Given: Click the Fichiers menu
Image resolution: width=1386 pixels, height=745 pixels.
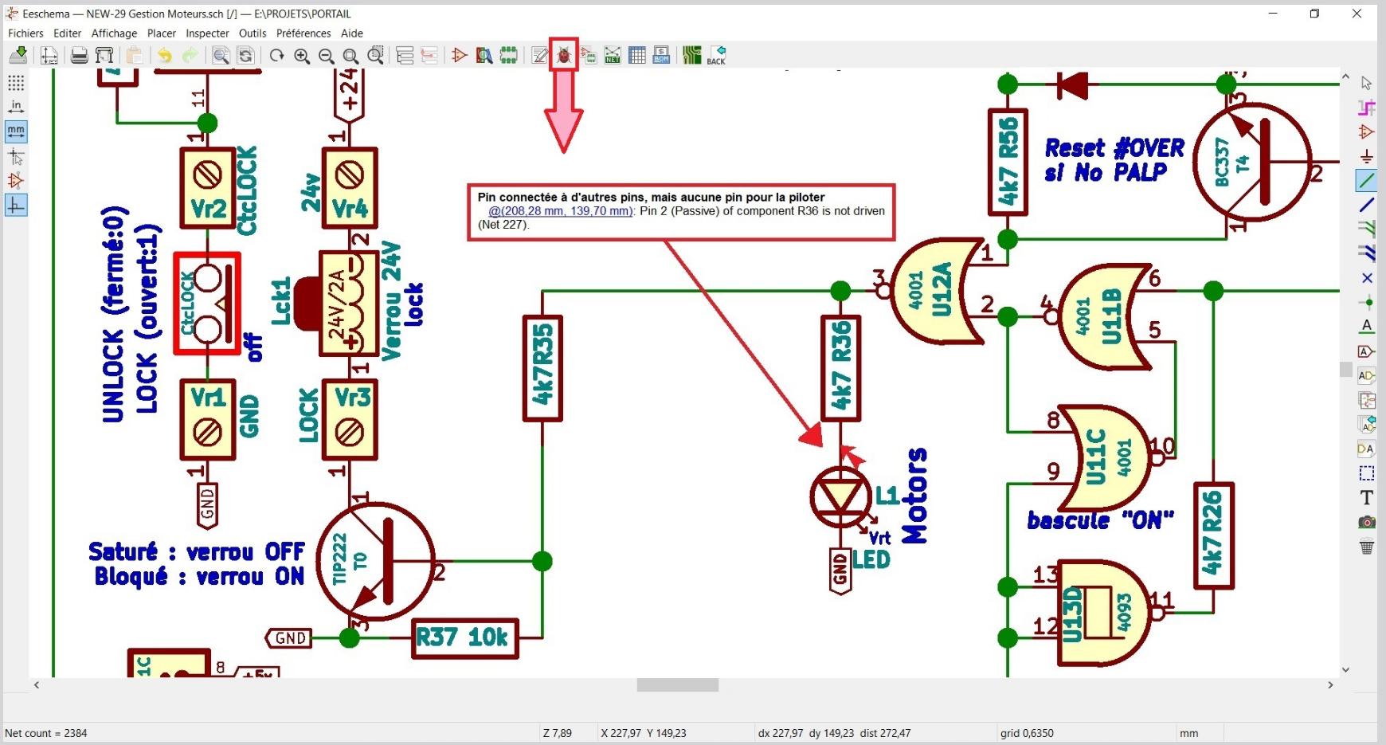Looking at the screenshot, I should [25, 33].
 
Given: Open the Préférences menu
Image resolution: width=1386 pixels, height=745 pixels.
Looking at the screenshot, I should [303, 33].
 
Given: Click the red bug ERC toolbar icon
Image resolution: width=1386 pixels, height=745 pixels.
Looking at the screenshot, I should [564, 55].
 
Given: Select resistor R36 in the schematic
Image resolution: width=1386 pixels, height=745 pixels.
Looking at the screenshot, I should [840, 367].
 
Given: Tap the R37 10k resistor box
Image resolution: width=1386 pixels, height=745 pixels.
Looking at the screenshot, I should [464, 638].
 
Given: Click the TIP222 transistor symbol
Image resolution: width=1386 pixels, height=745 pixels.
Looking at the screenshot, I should [376, 561].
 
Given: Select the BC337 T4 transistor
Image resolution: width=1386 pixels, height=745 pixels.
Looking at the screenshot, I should [1251, 163].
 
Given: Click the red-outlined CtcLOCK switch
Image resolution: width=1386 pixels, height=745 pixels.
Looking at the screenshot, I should [207, 304].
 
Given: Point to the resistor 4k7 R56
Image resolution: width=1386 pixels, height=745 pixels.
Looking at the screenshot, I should [1008, 163].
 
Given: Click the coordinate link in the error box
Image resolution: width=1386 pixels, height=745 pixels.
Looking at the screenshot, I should [561, 211].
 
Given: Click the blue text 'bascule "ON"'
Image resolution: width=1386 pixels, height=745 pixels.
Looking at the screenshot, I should [1100, 521].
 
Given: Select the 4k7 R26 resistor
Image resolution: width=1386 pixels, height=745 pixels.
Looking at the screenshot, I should [1213, 535].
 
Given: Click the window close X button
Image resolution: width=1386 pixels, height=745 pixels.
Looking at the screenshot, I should [1357, 14].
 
